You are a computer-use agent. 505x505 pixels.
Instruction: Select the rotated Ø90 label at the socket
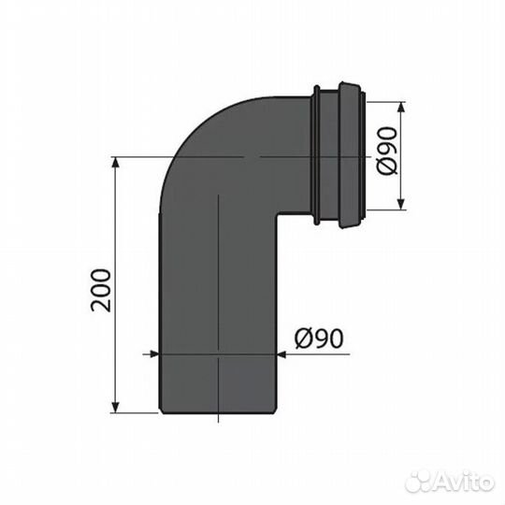[x=414, y=157]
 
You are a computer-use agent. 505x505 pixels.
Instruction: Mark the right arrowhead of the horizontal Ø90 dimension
[x=280, y=354]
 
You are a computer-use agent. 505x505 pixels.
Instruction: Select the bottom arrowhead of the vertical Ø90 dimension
[x=399, y=208]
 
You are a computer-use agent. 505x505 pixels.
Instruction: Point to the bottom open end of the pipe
[x=219, y=410]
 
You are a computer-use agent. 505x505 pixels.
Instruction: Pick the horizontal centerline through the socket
[x=281, y=156]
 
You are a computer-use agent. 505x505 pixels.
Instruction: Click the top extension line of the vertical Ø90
[x=383, y=102]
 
